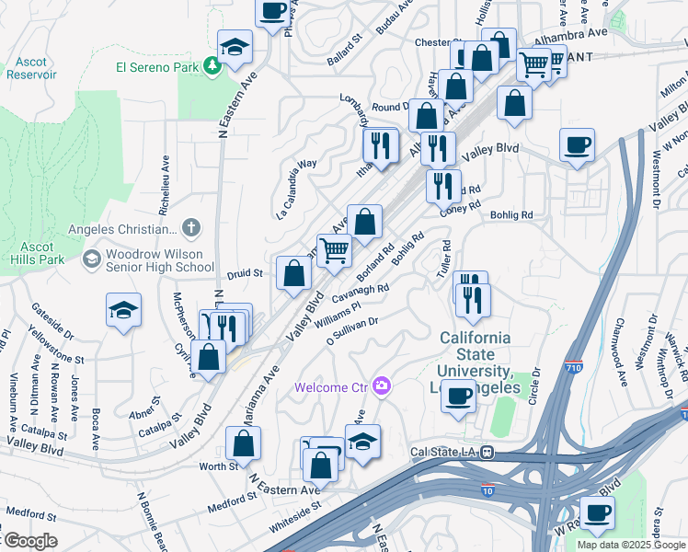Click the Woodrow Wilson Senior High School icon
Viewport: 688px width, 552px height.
(x=90, y=259)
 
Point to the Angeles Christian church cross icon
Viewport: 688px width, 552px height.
(x=190, y=228)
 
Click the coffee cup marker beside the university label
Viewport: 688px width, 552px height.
(x=459, y=397)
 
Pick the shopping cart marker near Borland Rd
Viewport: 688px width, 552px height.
(x=335, y=250)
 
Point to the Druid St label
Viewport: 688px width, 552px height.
(x=246, y=273)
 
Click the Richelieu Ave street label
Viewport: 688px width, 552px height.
(x=166, y=178)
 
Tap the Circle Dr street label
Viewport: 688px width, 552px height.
(x=533, y=380)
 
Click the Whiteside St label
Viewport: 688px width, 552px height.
(x=294, y=511)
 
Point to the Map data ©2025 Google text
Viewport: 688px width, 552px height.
(x=631, y=545)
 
